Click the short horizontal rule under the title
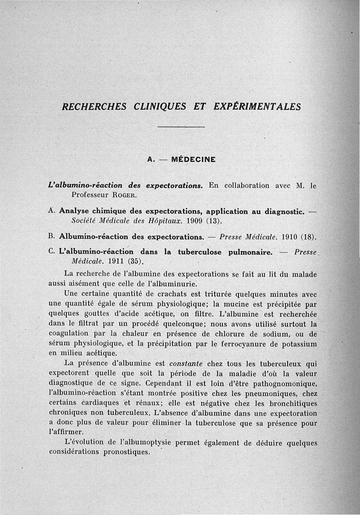coord(181,127)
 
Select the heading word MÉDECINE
coord(193,159)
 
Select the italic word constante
coord(185,364)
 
